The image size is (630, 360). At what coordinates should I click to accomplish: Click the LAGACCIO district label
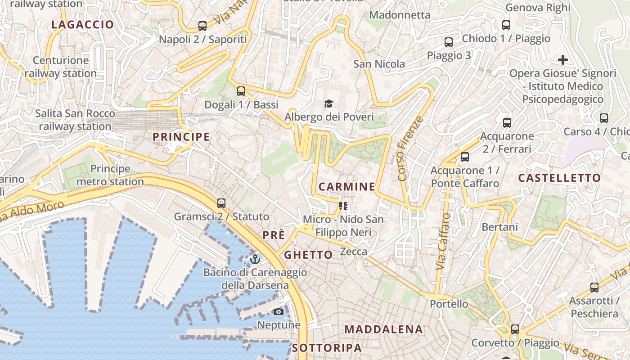click(x=82, y=25)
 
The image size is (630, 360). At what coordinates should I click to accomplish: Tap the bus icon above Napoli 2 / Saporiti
click(x=202, y=26)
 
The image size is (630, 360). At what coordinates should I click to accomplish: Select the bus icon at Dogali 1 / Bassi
click(x=241, y=91)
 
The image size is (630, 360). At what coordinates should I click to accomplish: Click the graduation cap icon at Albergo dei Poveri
click(x=329, y=104)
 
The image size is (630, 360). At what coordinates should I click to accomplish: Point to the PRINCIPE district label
click(x=181, y=137)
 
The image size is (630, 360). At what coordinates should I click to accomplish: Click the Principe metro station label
click(x=110, y=175)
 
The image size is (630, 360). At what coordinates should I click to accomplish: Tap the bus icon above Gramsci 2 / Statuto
click(x=221, y=203)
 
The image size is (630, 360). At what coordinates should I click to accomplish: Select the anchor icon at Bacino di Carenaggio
click(x=255, y=259)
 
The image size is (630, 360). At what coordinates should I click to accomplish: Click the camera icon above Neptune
click(x=279, y=312)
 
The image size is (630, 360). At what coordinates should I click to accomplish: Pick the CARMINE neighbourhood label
click(x=346, y=186)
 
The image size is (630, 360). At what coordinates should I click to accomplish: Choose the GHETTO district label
click(x=308, y=255)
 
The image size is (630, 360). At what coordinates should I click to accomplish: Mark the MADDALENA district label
click(x=384, y=329)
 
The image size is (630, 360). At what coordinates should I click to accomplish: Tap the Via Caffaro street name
click(x=443, y=241)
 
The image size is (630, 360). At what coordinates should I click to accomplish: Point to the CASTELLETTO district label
click(x=559, y=178)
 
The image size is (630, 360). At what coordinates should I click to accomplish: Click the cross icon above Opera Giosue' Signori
click(x=562, y=59)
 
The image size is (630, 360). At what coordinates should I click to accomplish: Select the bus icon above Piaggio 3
click(x=449, y=42)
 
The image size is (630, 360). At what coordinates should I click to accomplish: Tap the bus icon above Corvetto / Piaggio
click(x=515, y=329)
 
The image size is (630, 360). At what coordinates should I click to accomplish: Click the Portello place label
click(x=449, y=304)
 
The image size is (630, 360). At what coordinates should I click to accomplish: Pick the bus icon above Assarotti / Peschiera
click(x=594, y=288)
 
